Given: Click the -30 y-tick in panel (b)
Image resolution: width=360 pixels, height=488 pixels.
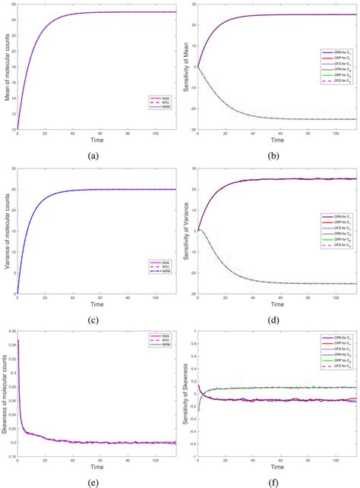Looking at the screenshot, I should pyautogui.click(x=193, y=130).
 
